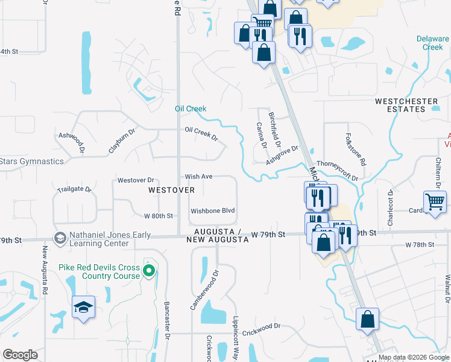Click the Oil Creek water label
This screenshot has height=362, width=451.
pyautogui.click(x=191, y=109)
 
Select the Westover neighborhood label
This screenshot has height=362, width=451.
pyautogui.click(x=172, y=190)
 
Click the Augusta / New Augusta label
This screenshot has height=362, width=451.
pyautogui.click(x=222, y=236)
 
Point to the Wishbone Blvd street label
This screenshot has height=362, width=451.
pyautogui.click(x=212, y=211)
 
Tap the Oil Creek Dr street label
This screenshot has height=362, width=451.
pyautogui.click(x=201, y=133)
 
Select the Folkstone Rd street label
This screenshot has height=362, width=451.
pyautogui.click(x=356, y=150)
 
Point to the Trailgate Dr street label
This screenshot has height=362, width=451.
pyautogui.click(x=74, y=189)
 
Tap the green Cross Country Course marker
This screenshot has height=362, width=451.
pyautogui.click(x=149, y=268)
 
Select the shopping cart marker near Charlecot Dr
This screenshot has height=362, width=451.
pyautogui.click(x=435, y=202)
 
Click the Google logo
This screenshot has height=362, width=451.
pyautogui.click(x=20, y=355)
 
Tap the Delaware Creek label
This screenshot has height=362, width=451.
pyautogui.click(x=432, y=43)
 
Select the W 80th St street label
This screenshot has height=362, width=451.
pyautogui.click(x=159, y=215)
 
